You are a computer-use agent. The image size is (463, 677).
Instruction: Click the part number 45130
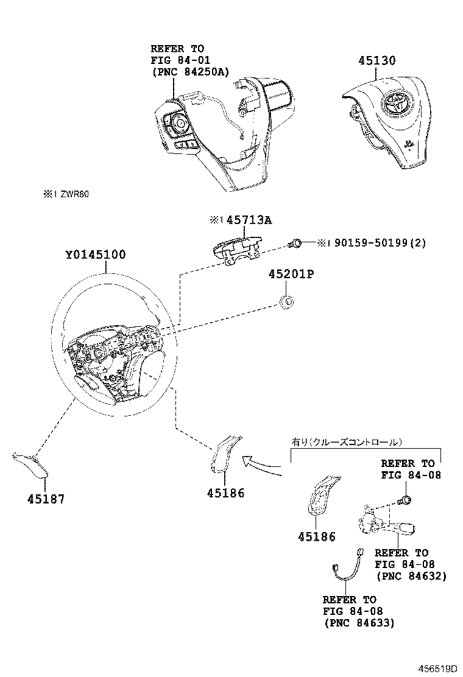pos(377,60)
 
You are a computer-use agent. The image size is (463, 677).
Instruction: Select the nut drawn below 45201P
pos(288,300)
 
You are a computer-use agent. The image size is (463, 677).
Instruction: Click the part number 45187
pos(46,499)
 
